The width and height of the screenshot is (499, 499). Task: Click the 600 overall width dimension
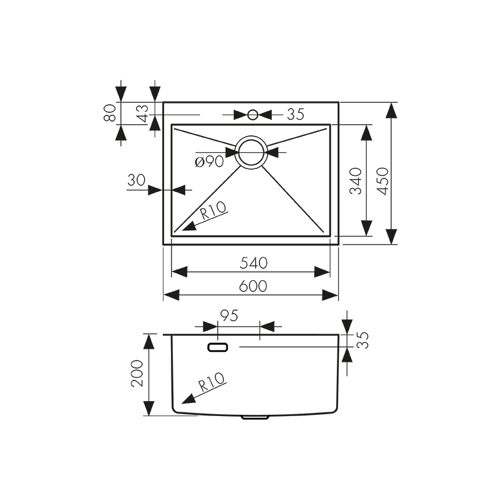click(x=253, y=286)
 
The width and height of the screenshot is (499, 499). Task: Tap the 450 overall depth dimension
click(x=382, y=181)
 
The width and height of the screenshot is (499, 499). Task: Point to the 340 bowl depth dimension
click(x=356, y=181)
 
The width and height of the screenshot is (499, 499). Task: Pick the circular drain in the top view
click(x=252, y=152)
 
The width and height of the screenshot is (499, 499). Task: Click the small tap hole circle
click(x=253, y=115)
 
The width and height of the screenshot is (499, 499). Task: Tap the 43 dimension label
click(x=143, y=113)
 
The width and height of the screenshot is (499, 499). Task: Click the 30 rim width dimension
click(x=135, y=181)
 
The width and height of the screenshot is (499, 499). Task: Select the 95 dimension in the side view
click(x=229, y=316)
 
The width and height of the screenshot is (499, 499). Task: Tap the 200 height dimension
click(x=138, y=374)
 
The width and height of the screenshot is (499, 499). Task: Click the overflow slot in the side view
click(x=218, y=347)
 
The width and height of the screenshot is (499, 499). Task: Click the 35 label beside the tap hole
click(x=295, y=114)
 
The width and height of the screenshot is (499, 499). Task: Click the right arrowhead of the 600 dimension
click(x=331, y=294)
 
